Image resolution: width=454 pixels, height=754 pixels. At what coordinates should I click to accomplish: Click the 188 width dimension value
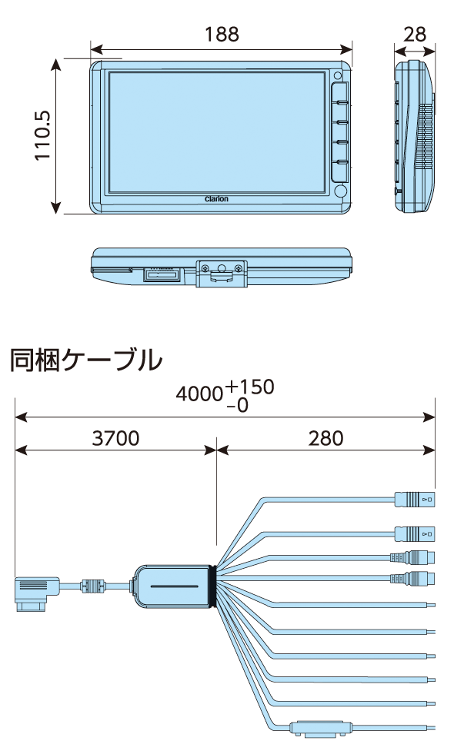coord(222,34)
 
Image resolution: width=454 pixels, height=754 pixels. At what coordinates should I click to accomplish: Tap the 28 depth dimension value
coord(415,34)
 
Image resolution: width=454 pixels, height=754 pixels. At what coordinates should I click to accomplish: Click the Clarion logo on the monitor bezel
coord(216,198)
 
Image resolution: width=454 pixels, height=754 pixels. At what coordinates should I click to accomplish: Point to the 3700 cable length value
coord(115,438)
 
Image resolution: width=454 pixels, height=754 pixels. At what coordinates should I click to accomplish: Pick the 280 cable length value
coord(325,438)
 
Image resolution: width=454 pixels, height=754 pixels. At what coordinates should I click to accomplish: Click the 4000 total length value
coord(200,394)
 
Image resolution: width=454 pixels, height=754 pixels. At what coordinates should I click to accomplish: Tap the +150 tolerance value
coord(250,387)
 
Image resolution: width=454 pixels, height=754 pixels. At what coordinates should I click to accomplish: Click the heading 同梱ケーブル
coord(86,360)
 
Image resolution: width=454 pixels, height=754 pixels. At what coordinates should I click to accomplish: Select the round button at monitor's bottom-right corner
coord(340,191)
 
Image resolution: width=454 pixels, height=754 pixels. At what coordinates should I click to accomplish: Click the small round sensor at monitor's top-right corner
coord(339,75)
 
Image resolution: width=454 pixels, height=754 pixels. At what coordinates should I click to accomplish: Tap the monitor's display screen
coord(216,131)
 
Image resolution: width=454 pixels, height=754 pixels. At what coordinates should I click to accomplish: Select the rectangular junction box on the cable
coord(172,586)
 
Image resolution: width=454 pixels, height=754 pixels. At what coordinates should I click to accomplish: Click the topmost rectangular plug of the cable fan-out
coord(414,500)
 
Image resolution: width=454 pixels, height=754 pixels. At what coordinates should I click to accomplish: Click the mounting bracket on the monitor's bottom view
coord(222,271)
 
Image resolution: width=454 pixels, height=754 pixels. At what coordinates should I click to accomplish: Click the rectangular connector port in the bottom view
coord(163,274)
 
